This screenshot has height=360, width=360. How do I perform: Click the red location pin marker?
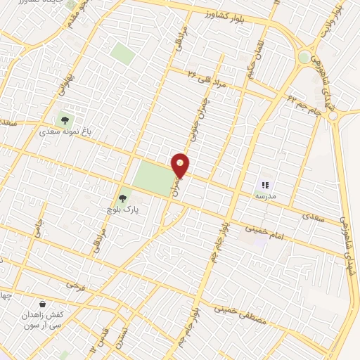[x=181, y=165]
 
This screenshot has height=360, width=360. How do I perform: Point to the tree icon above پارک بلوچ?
[x=124, y=199]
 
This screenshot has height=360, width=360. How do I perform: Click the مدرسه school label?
[x=265, y=195]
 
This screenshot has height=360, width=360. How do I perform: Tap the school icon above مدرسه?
[x=265, y=184]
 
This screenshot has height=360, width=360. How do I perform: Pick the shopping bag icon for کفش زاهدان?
[x=44, y=305]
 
